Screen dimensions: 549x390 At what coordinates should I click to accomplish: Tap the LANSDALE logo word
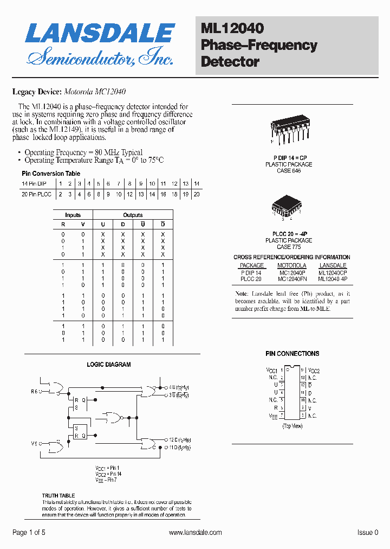(100, 34)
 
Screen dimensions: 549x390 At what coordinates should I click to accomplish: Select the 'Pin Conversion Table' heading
(51, 174)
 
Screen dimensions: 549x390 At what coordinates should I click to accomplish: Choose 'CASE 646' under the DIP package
(289, 171)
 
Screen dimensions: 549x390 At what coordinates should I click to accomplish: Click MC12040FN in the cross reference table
(292, 279)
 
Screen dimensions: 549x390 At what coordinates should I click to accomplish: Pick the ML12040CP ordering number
(333, 273)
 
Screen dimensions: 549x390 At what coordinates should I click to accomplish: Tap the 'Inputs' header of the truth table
(73, 215)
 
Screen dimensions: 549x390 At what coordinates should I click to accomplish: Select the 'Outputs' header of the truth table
(133, 215)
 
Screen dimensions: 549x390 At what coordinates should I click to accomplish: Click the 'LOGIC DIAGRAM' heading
(109, 365)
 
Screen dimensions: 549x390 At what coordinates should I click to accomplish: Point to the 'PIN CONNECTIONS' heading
(292, 354)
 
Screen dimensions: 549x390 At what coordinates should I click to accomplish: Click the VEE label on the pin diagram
(273, 416)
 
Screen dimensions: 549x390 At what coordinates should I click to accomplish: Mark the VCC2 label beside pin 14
(314, 371)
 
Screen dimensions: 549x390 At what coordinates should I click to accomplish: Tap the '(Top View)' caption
(292, 426)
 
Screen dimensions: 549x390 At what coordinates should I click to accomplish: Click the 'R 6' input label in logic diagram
(34, 391)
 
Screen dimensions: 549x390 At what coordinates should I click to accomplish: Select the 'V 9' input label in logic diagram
(34, 444)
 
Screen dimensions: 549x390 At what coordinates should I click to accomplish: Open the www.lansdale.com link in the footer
(195, 533)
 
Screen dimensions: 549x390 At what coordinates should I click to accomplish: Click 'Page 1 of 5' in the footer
(29, 533)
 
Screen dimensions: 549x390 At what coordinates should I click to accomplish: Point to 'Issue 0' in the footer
(368, 533)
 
